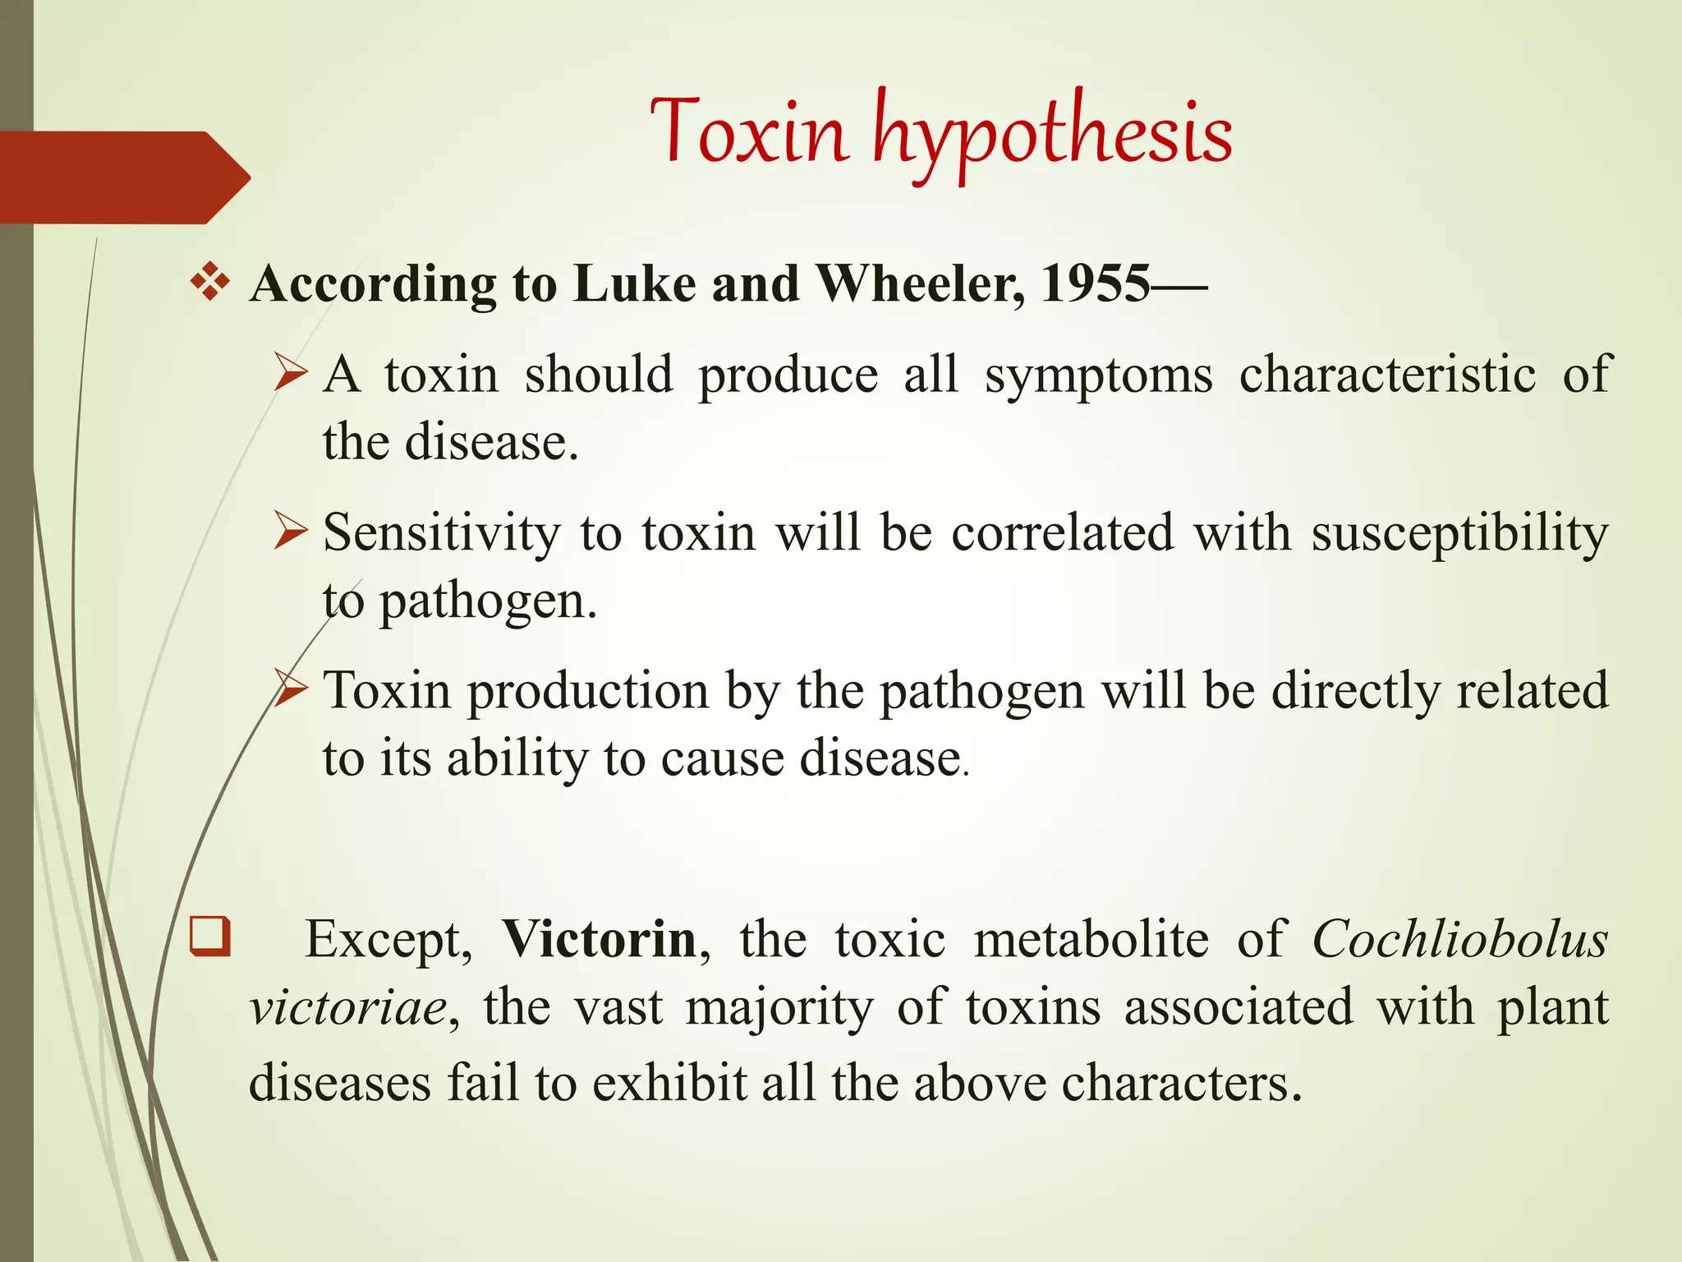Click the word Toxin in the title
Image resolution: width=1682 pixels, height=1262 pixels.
(x=749, y=131)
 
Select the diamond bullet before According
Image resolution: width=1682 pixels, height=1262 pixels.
(x=210, y=282)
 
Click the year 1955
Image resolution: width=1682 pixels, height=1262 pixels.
(x=1095, y=283)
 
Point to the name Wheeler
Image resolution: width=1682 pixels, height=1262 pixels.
(x=919, y=283)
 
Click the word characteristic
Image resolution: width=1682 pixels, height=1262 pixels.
(x=1386, y=375)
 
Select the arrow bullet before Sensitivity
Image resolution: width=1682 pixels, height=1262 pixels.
(x=291, y=531)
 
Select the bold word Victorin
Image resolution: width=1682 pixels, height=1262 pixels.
(x=600, y=938)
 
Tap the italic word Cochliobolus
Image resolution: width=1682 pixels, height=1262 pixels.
(x=1459, y=938)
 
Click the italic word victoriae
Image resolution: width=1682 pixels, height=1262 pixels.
(x=348, y=1008)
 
